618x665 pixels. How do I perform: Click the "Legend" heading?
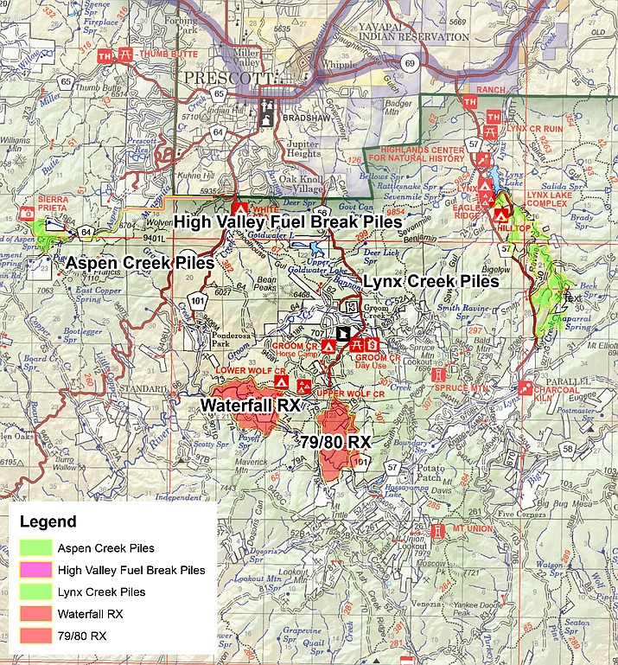click(48, 522)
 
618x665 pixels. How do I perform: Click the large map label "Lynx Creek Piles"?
click(430, 282)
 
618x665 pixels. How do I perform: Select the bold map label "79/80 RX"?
click(335, 442)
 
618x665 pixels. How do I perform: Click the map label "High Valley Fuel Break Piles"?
click(288, 221)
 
